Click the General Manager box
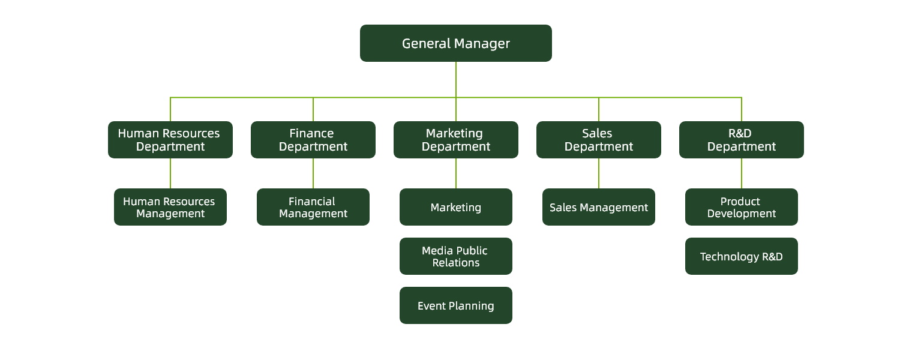[x=455, y=43]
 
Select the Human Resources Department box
[x=170, y=140]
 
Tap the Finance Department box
[x=313, y=140]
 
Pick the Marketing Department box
[x=455, y=140]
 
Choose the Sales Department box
[x=598, y=140]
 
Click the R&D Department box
[x=741, y=140]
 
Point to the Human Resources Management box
[x=170, y=207]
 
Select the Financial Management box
[x=313, y=207]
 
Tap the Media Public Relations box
[x=455, y=256]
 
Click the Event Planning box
[x=455, y=305]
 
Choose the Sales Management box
[x=598, y=207]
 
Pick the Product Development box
[x=741, y=207]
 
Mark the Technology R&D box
[x=741, y=256]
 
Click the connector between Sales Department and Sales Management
[x=599, y=173]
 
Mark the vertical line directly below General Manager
[x=456, y=79]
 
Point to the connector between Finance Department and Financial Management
[x=313, y=173]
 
